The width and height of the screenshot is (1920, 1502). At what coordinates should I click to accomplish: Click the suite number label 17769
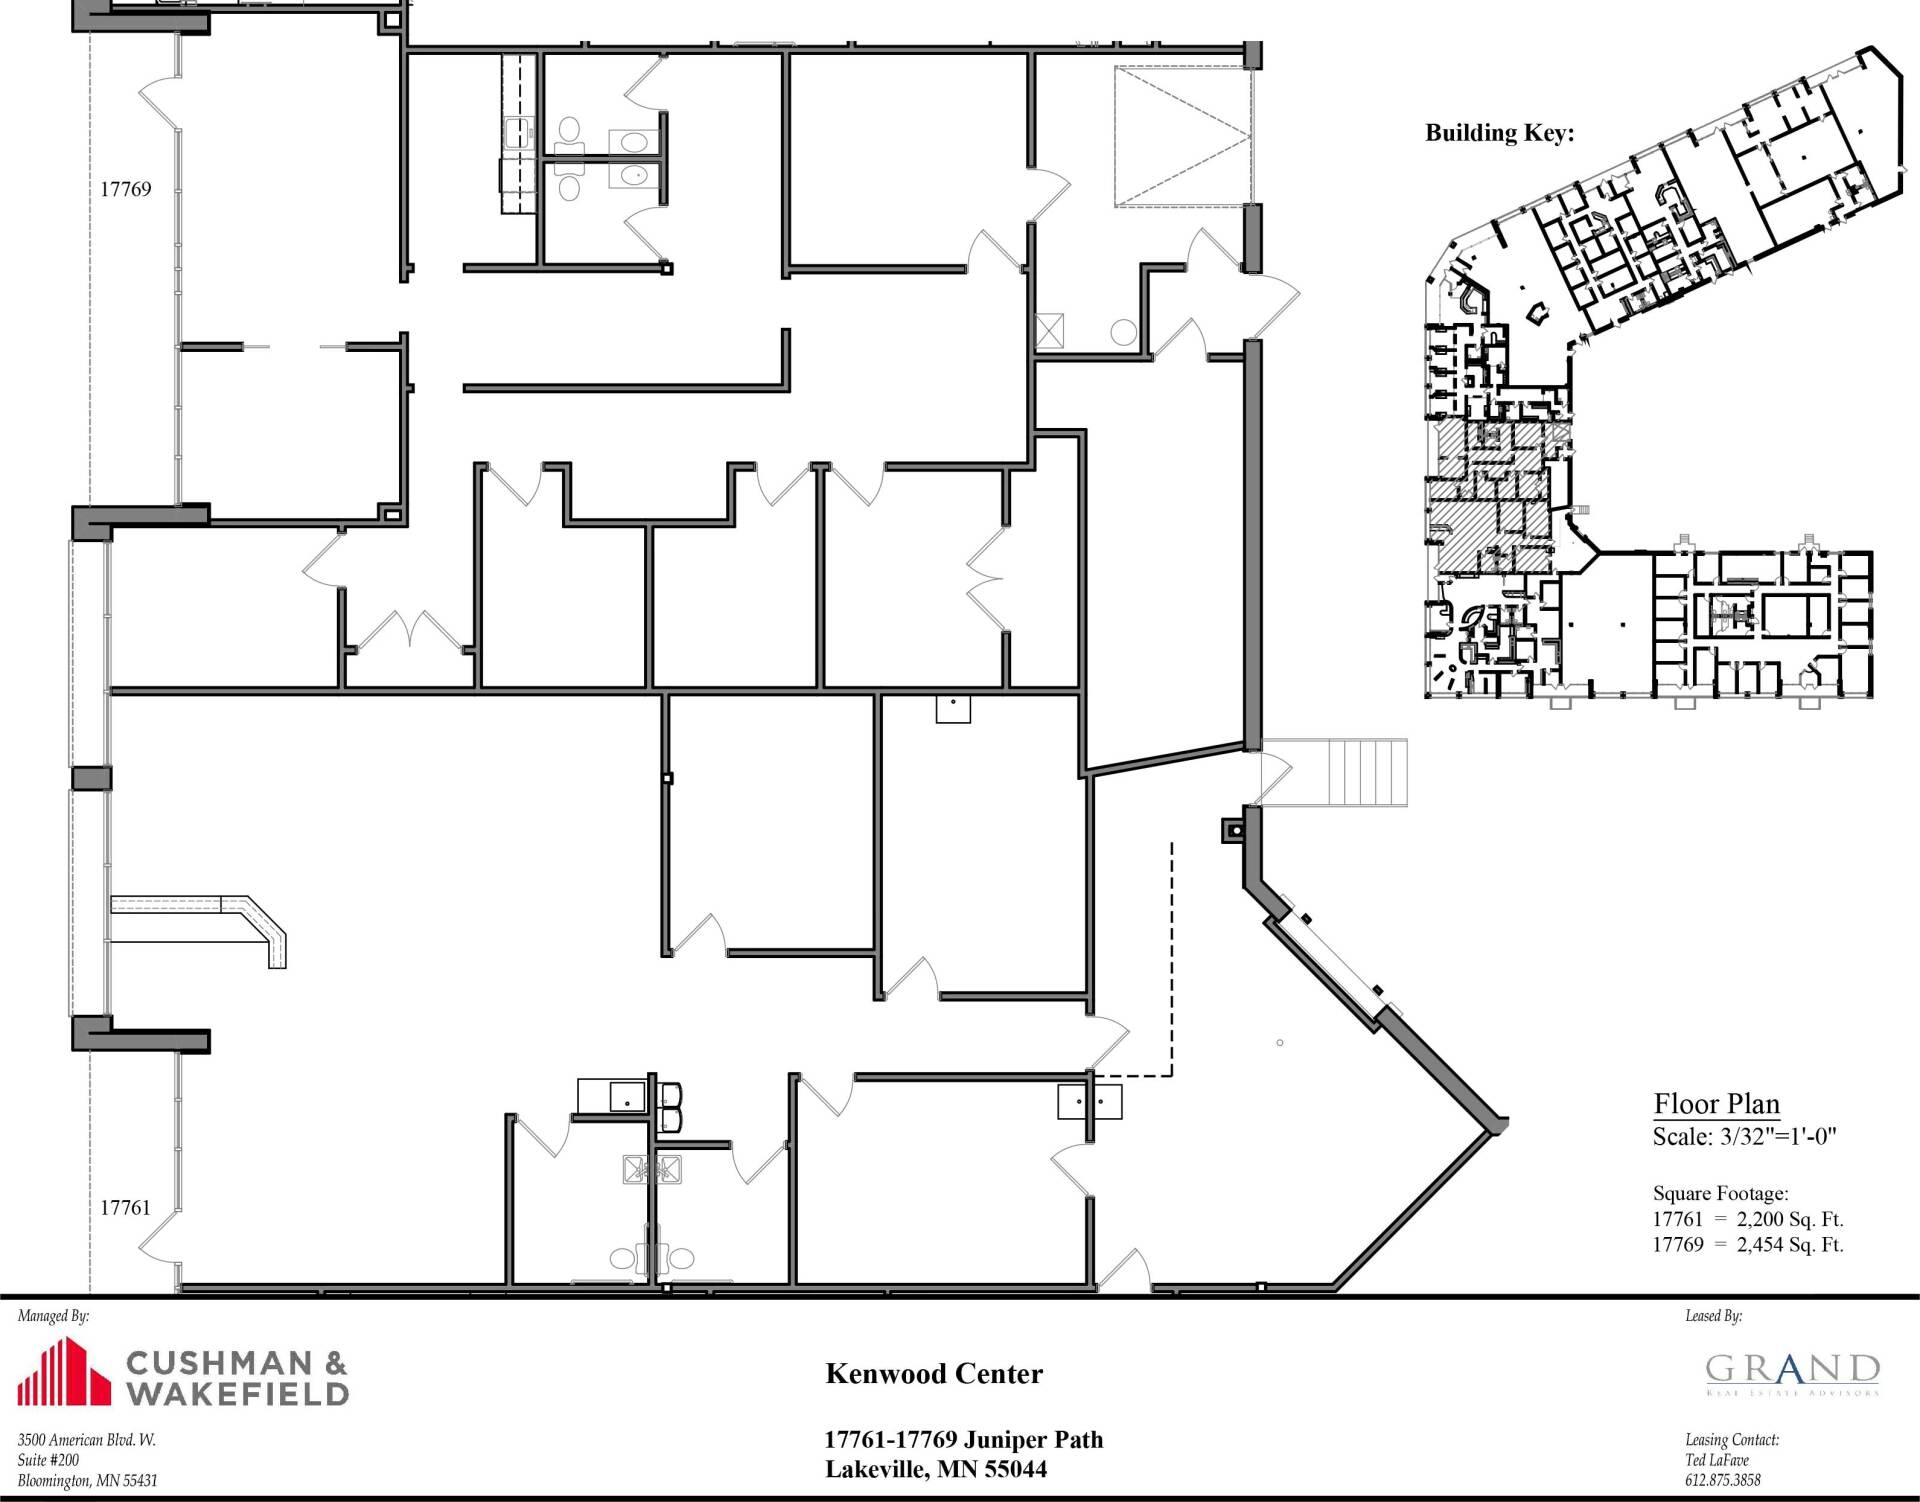click(126, 189)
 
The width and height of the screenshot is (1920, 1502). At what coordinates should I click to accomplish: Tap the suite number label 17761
click(126, 1208)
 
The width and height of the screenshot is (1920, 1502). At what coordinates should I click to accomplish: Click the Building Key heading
click(1499, 133)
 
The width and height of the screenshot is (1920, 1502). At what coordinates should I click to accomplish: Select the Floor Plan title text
click(1717, 1104)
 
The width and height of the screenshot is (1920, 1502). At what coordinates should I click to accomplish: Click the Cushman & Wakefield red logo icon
click(64, 1374)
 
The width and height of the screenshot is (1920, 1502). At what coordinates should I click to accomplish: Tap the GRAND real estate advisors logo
click(1793, 1374)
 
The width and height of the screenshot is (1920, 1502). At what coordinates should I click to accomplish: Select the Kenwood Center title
click(934, 1374)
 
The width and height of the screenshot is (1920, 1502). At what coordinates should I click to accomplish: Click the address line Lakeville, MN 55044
click(936, 1469)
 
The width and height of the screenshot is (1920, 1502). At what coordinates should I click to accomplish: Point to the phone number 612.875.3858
click(1722, 1480)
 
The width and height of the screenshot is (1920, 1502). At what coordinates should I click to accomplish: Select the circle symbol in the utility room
click(1124, 331)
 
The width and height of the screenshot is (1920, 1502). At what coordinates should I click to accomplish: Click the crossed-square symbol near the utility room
click(1050, 330)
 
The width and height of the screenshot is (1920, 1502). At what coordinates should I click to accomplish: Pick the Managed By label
click(53, 1317)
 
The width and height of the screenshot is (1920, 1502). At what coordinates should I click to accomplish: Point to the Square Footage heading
click(1720, 1194)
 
